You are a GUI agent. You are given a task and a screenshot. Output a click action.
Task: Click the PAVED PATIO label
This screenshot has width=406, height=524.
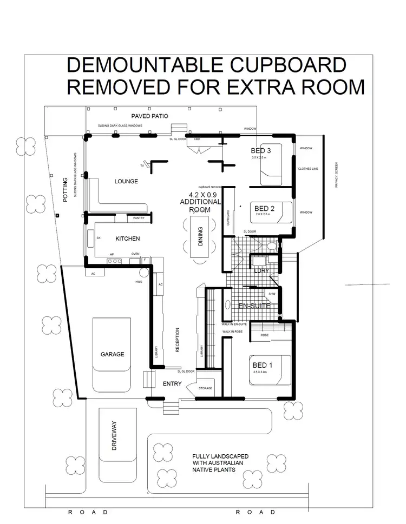click(x=150, y=116)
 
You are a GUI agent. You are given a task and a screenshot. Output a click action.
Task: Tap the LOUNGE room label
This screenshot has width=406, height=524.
click(x=126, y=182)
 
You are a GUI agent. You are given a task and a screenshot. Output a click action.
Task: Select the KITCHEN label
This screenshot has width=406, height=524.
click(x=128, y=238)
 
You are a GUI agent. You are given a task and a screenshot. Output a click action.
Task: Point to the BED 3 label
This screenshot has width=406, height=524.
click(x=260, y=150)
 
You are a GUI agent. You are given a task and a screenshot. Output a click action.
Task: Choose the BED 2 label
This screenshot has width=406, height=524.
click(x=265, y=208)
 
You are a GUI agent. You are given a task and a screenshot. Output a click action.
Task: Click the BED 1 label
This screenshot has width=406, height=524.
click(x=263, y=365)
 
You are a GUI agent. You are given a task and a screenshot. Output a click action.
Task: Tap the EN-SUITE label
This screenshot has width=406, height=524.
click(x=254, y=306)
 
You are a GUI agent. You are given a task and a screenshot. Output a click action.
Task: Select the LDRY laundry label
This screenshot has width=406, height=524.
click(x=262, y=270)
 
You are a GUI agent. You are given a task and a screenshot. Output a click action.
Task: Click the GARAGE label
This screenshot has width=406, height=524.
click(x=112, y=355)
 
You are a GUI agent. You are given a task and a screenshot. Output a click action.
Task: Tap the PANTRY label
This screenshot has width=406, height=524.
click(x=139, y=218)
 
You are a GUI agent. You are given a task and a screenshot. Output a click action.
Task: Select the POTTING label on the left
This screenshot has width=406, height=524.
click(x=65, y=189)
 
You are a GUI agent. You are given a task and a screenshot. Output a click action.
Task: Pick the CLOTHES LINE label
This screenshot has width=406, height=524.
click(x=308, y=169)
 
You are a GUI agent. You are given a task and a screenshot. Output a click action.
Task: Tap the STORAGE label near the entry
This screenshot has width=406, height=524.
click(x=205, y=388)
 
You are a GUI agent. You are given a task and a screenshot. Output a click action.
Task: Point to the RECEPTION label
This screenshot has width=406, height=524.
click(x=178, y=341)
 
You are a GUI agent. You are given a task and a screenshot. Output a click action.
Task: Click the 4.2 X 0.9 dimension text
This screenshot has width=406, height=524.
click(x=205, y=194)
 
